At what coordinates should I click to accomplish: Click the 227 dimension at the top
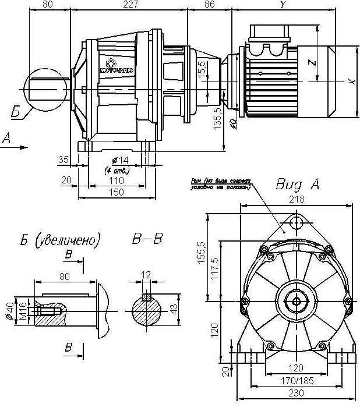click(131, 5)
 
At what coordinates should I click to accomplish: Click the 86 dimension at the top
click(210, 5)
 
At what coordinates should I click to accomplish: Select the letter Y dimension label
click(284, 5)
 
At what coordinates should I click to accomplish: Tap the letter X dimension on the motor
click(351, 82)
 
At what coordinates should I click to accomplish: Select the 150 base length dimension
click(117, 193)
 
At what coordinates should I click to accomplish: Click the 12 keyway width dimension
click(147, 274)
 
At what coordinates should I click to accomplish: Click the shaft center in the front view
click(297, 301)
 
